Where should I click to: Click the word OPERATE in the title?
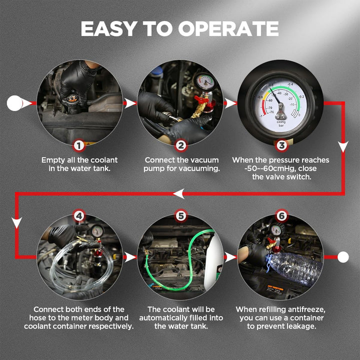[228, 28]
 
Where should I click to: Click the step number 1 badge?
[79, 145]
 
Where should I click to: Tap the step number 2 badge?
[181, 145]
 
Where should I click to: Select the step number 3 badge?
[281, 145]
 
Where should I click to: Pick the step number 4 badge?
[79, 216]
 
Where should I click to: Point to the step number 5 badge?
[181, 216]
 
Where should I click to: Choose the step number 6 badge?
[281, 216]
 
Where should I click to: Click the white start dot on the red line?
[14, 103]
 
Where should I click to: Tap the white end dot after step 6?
[343, 257]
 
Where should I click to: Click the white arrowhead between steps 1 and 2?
[129, 103]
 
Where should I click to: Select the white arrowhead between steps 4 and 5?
[129, 257]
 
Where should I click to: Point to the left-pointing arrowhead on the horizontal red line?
[179, 194]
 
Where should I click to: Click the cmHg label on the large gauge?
[281, 122]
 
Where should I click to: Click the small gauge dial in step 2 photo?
[204, 81]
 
